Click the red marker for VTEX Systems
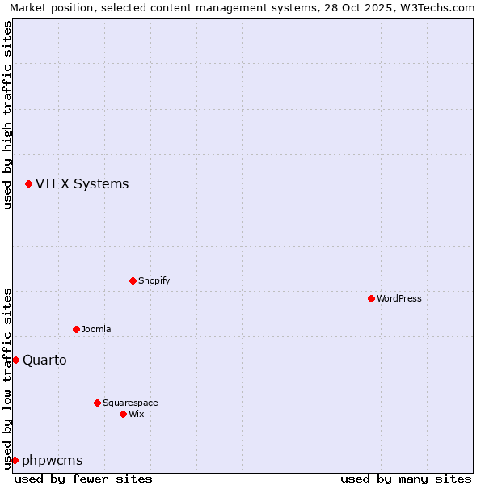28,184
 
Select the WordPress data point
371,298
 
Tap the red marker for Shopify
133,280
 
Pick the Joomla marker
76,329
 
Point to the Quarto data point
15,360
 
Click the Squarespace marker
97,403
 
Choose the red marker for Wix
123,414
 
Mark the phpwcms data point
15,460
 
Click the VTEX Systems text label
82,184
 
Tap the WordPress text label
399,298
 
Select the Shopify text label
154,280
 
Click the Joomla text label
96,329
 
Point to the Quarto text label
44,361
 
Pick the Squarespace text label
130,403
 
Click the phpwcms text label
53,461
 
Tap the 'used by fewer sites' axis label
83,479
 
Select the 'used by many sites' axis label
405,479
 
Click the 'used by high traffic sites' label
7,115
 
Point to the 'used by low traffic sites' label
7,378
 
